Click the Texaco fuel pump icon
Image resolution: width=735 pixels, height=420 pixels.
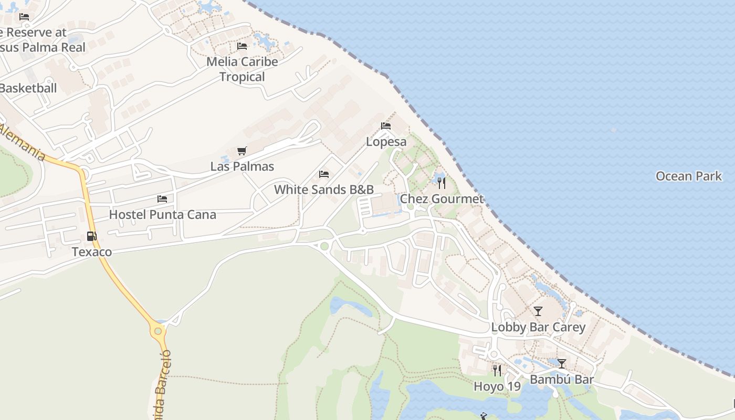[x=91, y=236]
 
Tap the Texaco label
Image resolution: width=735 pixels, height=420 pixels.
[x=92, y=252]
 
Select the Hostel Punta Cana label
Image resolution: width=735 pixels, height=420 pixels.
[x=162, y=215]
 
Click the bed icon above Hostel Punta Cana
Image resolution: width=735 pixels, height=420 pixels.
[x=162, y=199]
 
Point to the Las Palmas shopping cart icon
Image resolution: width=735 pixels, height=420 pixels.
[x=241, y=151]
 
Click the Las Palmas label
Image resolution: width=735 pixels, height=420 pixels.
[x=242, y=166]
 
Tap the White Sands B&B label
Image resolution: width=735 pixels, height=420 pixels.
[x=324, y=190]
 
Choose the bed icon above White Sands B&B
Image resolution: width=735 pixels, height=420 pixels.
[x=324, y=174]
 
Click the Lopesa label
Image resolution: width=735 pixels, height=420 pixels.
[x=386, y=142]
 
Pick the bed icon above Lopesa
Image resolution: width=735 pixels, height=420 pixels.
[x=386, y=126]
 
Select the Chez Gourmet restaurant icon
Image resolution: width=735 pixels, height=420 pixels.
[x=442, y=183]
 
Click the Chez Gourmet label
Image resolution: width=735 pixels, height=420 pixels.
[x=442, y=199]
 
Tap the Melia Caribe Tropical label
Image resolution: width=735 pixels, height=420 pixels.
[x=242, y=69]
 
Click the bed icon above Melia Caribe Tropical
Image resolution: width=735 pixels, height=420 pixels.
[x=242, y=46]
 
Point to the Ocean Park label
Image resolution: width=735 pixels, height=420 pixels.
[x=689, y=176]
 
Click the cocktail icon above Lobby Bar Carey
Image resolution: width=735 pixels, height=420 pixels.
[x=538, y=311]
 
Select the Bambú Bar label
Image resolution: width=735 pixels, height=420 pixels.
[x=562, y=380]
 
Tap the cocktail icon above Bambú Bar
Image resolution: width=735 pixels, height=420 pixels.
[x=562, y=364]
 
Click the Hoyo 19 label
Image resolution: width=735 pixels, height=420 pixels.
[x=497, y=387]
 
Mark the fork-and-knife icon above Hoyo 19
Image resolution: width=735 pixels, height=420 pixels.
[x=497, y=371]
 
